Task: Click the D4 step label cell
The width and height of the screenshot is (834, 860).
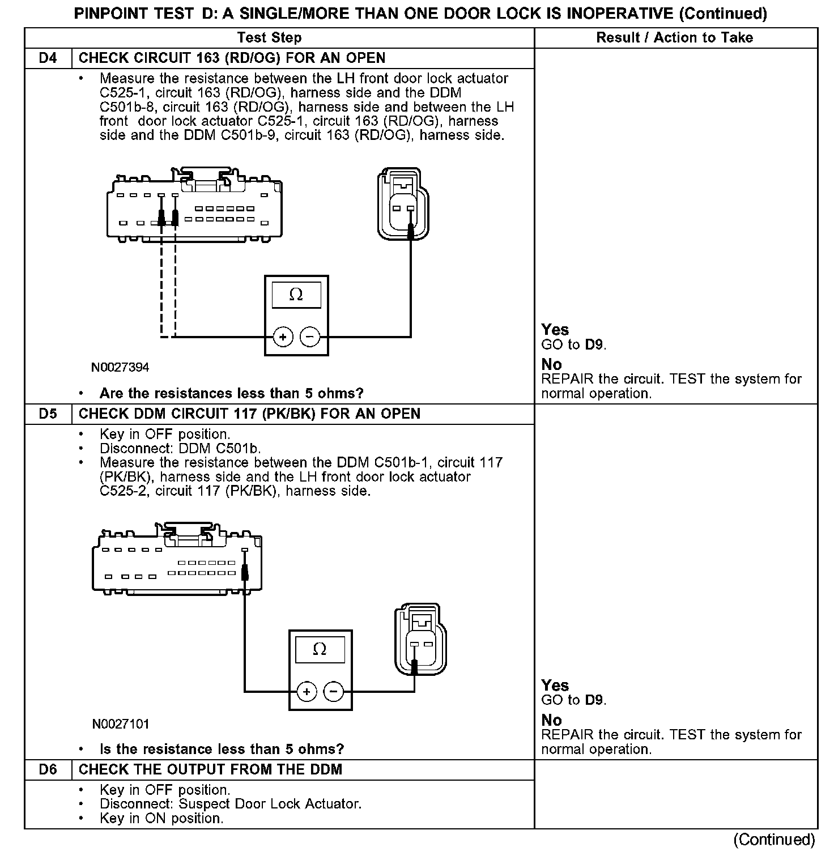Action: click(x=48, y=58)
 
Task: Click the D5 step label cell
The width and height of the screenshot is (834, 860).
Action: click(x=48, y=414)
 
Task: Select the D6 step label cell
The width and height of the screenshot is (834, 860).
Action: click(x=48, y=769)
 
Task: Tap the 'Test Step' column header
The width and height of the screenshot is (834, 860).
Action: click(x=269, y=38)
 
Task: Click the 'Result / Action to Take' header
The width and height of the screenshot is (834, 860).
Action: click(x=675, y=38)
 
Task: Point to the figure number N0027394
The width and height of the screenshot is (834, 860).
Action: click(x=120, y=368)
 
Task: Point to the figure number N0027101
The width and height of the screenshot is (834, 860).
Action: click(x=121, y=724)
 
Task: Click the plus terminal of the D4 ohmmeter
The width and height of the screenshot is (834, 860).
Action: click(x=283, y=337)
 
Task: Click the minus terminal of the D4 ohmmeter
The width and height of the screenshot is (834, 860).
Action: click(x=309, y=337)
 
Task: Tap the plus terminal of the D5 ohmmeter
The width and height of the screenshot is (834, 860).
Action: click(x=307, y=692)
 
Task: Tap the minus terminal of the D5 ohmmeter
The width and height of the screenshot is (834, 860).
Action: click(x=333, y=692)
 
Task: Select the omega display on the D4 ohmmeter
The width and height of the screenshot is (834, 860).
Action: click(x=296, y=295)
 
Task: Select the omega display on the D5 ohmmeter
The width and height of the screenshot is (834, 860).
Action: click(x=320, y=649)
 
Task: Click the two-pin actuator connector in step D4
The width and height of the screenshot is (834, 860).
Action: click(x=403, y=203)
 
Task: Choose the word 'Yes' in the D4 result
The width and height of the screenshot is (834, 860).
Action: click(x=555, y=330)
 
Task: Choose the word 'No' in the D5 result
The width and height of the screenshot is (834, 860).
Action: click(x=551, y=720)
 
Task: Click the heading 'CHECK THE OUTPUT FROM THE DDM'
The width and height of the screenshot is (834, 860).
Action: click(x=210, y=769)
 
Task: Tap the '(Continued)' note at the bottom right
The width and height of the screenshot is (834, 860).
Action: click(x=774, y=840)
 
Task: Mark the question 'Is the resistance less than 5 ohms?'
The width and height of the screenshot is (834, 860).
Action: click(x=222, y=749)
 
